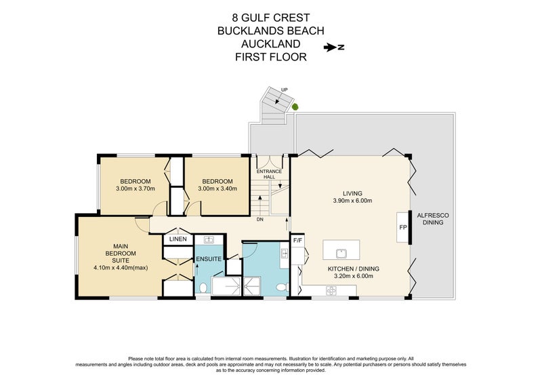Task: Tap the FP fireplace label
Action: (402, 227)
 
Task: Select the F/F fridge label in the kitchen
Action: (297, 240)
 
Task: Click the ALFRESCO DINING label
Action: (436, 219)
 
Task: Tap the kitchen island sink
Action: (342, 254)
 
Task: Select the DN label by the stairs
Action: (259, 219)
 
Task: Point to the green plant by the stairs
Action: (295, 107)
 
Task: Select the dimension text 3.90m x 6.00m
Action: (352, 201)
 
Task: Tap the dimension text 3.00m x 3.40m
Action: (217, 189)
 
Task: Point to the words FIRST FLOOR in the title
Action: (271, 58)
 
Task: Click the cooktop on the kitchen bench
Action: (332, 291)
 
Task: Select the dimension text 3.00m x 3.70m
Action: (135, 189)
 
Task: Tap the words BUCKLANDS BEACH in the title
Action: (271, 31)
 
